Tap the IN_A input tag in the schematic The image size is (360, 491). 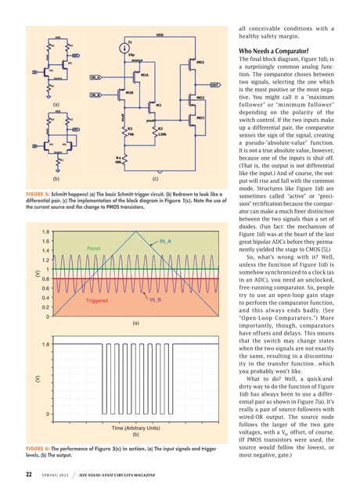[x=95, y=78]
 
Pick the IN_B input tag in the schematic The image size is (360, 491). [x=95, y=95]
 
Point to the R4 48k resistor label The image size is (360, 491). [x=118, y=159]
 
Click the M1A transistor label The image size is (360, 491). [x=145, y=74]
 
